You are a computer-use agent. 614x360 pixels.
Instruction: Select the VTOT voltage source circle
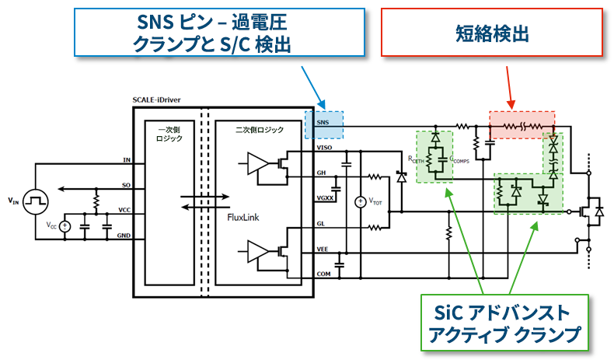click(x=360, y=203)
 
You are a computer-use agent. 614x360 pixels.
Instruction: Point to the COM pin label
click(x=324, y=274)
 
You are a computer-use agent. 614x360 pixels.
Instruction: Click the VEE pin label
click(x=323, y=249)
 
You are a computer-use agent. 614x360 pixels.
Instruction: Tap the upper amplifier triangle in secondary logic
click(x=257, y=162)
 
